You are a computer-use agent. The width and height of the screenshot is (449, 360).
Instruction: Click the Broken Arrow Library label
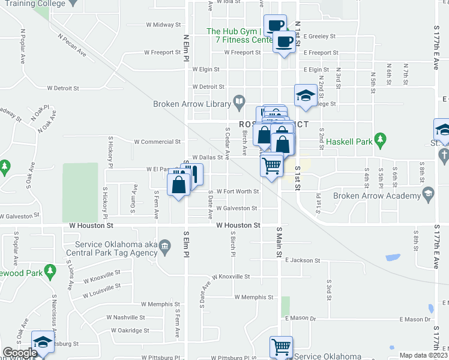(192, 104)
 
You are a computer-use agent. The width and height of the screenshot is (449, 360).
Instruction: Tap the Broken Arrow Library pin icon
(239, 101)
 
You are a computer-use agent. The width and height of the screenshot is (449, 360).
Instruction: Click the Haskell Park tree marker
(379, 139)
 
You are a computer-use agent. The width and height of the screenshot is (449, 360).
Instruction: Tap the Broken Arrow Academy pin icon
(428, 194)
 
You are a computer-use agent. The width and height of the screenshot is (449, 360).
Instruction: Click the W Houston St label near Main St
(238, 226)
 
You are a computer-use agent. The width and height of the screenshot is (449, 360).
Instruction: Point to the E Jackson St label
(303, 260)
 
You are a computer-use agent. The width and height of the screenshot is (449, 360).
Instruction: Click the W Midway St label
(163, 25)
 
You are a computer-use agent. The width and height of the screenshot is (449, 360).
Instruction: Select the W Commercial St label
(157, 142)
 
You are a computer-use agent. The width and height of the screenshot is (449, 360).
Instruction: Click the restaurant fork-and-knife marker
(196, 175)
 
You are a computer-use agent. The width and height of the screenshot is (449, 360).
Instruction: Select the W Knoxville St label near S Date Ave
(230, 277)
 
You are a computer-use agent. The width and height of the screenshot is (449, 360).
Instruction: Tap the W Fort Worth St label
(238, 192)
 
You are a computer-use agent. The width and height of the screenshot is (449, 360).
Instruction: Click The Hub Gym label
(233, 31)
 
